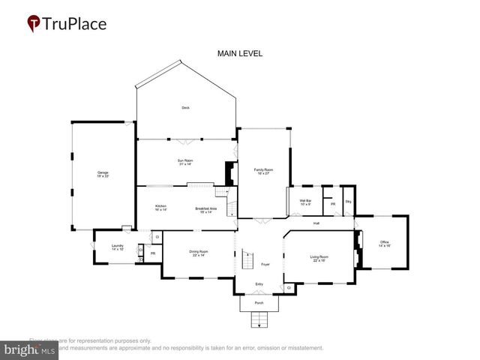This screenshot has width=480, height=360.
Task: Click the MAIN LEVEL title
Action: point(239,53)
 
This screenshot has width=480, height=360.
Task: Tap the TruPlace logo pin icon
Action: point(33,24)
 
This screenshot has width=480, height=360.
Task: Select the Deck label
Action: point(185,108)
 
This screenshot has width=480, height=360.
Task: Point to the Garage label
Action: point(103,175)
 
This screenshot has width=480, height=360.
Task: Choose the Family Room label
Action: point(262,172)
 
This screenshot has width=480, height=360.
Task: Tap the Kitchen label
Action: point(160,208)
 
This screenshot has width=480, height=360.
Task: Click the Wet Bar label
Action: point(305,202)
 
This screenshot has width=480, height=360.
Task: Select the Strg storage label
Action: point(348,202)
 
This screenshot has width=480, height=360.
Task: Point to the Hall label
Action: point(316,223)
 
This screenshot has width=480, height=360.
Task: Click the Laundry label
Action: point(118,247)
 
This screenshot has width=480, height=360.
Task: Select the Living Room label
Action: point(319,259)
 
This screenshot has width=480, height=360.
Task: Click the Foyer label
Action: point(265,264)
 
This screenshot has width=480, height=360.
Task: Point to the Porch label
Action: point(259,303)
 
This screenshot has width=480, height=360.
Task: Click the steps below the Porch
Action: point(259,320)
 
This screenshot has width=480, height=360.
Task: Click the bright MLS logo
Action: point(30,349)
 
